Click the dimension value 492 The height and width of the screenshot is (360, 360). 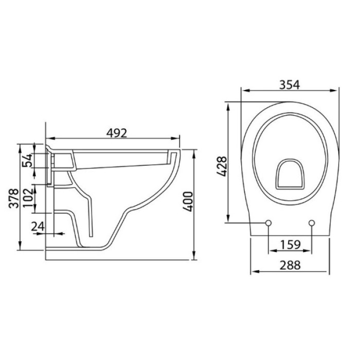tap(117, 133)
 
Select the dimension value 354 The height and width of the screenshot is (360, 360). tap(290, 85)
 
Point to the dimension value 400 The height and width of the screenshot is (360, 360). tap(188, 202)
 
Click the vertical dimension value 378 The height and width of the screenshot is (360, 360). tap(13, 198)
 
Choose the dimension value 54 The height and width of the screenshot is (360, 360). tap(27, 160)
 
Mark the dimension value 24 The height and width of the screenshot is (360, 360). tap(38, 227)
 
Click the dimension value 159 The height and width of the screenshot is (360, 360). tap(290, 245)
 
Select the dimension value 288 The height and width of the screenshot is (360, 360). tap(290, 265)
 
